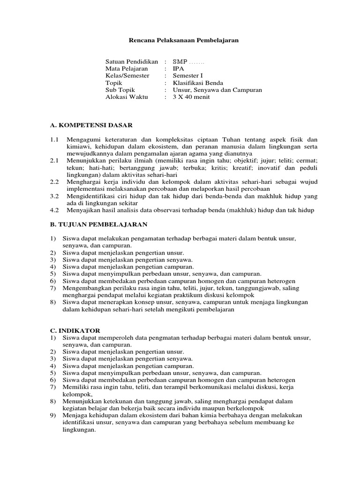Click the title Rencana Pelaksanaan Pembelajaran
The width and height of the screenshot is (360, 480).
pyautogui.click(x=184, y=40)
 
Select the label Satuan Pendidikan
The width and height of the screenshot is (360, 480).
pyautogui.click(x=132, y=61)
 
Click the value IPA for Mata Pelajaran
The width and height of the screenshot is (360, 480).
pyautogui.click(x=179, y=68)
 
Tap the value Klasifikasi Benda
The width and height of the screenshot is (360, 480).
pyautogui.click(x=194, y=83)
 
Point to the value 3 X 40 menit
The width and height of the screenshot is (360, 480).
pyautogui.click(x=191, y=97)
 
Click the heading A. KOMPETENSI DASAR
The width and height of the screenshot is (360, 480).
pyautogui.click(x=91, y=125)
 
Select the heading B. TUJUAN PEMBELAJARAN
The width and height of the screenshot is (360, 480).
pyautogui.click(x=98, y=225)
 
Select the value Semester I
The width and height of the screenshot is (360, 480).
pyautogui.click(x=188, y=75)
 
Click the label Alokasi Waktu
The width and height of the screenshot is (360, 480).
pyautogui.click(x=127, y=97)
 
